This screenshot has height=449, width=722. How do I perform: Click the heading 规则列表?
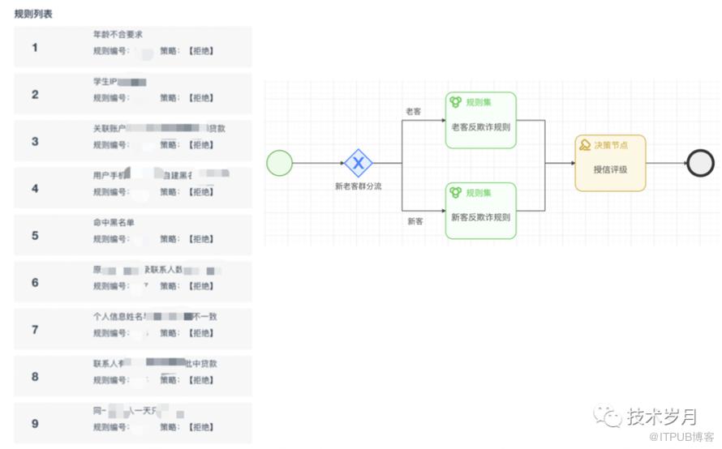coord(34,15)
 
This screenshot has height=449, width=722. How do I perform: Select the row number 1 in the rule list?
coord(35,48)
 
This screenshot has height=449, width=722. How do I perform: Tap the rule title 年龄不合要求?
coord(118,35)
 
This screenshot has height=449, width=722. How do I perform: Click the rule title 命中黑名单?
coord(114,223)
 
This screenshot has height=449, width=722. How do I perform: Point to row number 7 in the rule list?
coord(35,330)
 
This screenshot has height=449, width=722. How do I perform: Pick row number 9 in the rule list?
coord(35,424)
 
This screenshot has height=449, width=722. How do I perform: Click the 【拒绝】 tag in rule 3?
coord(201,145)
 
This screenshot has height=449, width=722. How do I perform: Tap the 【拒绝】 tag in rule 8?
coord(201,380)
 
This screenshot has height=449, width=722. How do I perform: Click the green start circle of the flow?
coord(279,163)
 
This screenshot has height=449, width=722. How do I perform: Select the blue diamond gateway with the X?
coord(358,163)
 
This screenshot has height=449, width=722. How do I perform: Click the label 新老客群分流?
coord(358,186)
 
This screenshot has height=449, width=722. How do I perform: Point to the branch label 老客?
coord(414,111)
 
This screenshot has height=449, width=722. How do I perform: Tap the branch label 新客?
coord(415,220)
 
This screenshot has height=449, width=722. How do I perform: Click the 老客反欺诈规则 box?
coord(481,121)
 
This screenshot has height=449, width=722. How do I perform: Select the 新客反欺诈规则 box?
coord(481,211)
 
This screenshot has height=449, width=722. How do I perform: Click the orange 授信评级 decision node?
coord(611,164)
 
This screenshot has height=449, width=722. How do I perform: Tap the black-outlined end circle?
coord(700,163)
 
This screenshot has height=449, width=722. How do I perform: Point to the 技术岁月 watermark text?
coord(661,417)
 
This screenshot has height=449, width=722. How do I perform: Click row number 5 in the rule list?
coord(35,236)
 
